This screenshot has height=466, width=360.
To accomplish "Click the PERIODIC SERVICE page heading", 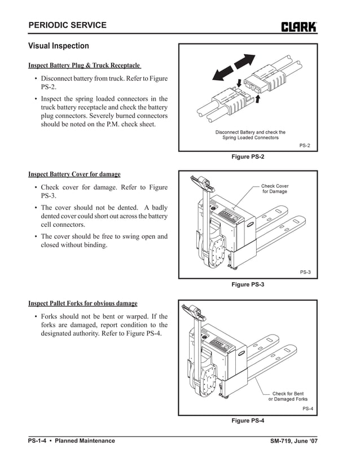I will tap(67, 25).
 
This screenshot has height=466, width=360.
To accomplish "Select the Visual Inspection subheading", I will tap(59, 46).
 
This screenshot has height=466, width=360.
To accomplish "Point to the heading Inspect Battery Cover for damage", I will tap(74, 174).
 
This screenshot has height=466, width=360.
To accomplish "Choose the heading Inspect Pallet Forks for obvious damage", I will tap(83, 304).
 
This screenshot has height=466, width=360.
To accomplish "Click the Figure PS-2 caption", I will tap(248, 156).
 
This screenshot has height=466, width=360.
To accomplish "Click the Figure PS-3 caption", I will tap(248, 284).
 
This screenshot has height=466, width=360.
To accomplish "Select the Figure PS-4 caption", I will tap(248, 420).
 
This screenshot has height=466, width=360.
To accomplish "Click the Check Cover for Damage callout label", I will tap(274, 189).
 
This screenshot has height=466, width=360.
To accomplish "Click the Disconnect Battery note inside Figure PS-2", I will tap(250, 135).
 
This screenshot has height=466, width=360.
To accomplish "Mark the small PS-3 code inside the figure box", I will tap(305, 272).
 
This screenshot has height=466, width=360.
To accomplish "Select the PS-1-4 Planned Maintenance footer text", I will tap(72, 441).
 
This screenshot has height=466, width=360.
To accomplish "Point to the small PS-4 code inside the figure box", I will tap(308, 408).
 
